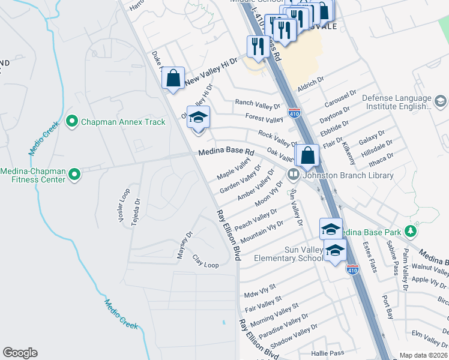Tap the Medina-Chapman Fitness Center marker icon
point(74,175)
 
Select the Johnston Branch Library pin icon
point(294,175)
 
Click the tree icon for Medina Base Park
point(411,231)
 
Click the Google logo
point(20,353)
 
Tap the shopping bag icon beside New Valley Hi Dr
point(173,79)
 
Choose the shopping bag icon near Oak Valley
point(307,155)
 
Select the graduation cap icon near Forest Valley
point(198,118)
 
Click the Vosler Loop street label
point(124,206)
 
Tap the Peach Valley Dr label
point(256,219)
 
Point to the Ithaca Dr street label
point(381,160)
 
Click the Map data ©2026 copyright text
point(423,355)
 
